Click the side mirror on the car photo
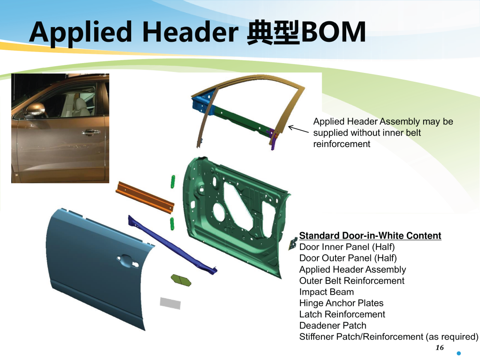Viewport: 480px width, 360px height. (36, 110)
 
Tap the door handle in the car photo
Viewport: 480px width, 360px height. (91, 132)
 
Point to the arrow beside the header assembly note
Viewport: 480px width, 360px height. (299, 129)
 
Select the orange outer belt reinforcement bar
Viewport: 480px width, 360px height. (145, 197)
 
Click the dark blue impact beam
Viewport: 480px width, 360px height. (172, 244)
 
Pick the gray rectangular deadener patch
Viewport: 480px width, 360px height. (170, 303)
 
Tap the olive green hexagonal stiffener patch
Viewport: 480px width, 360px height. (181, 280)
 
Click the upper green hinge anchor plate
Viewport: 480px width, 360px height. (173, 181)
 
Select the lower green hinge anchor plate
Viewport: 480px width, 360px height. (172, 224)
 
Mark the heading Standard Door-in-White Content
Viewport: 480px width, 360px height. (370, 236)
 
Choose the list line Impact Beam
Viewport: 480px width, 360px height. (327, 292)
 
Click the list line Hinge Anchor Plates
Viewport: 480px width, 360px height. (341, 303)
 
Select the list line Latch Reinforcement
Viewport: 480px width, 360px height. (342, 314)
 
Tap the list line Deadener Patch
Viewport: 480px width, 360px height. (333, 325)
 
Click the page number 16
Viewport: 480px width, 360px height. (440, 348)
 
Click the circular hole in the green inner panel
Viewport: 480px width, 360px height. (220, 212)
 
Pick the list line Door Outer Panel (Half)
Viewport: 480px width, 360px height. (348, 258)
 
